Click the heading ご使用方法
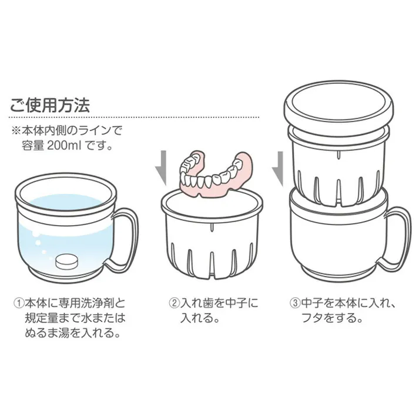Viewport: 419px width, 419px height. tap(49, 105)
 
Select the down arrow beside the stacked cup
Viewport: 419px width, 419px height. tap(276, 167)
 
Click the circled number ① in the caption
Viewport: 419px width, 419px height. tap(19, 304)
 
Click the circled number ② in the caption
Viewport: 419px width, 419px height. tap(174, 304)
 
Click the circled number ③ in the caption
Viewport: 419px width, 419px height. tap(296, 304)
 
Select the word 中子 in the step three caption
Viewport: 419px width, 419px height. tap(311, 304)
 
